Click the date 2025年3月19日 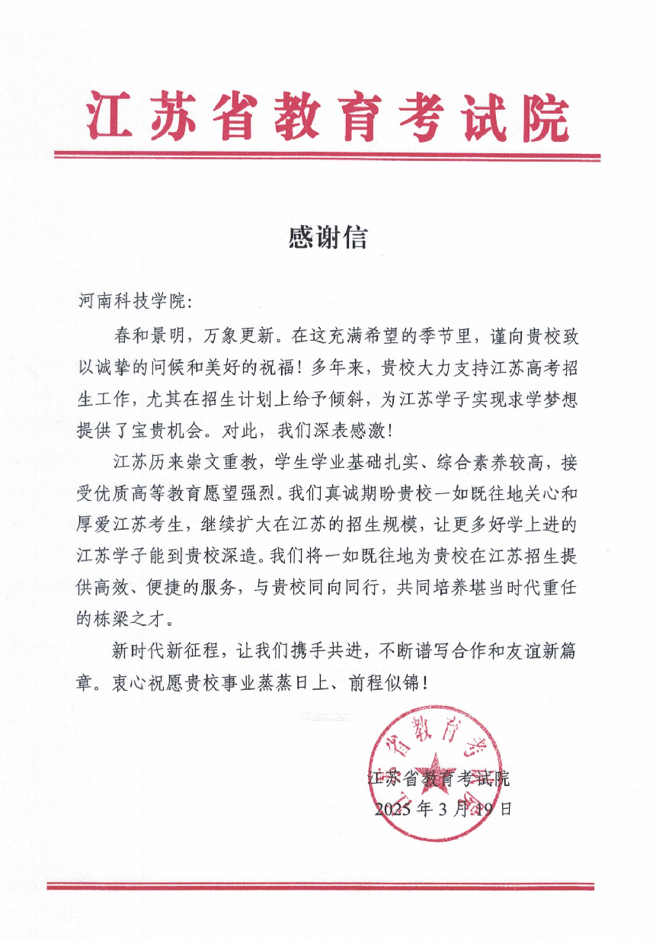click(x=443, y=809)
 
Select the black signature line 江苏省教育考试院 click(x=438, y=779)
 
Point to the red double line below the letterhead click(x=328, y=157)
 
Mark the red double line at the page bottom click(x=320, y=886)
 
